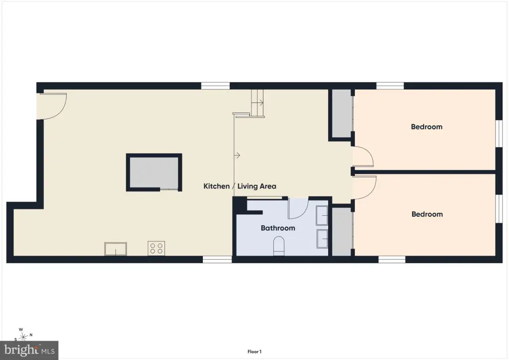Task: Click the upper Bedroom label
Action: tap(426, 127)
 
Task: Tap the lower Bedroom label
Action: tap(427, 214)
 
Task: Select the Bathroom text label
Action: tap(278, 228)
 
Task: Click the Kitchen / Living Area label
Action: tap(240, 186)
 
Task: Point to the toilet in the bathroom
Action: tap(279, 246)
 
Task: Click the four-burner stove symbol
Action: tap(156, 248)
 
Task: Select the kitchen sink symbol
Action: tap(115, 249)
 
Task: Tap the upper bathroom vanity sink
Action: tap(322, 215)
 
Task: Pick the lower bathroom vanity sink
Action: tap(322, 239)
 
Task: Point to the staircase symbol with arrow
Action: tap(258, 103)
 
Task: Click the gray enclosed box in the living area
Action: tap(154, 173)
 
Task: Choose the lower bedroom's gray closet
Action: tap(342, 231)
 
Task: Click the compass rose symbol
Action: tap(23, 336)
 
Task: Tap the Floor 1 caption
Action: tap(254, 352)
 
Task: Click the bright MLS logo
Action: tap(29, 350)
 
